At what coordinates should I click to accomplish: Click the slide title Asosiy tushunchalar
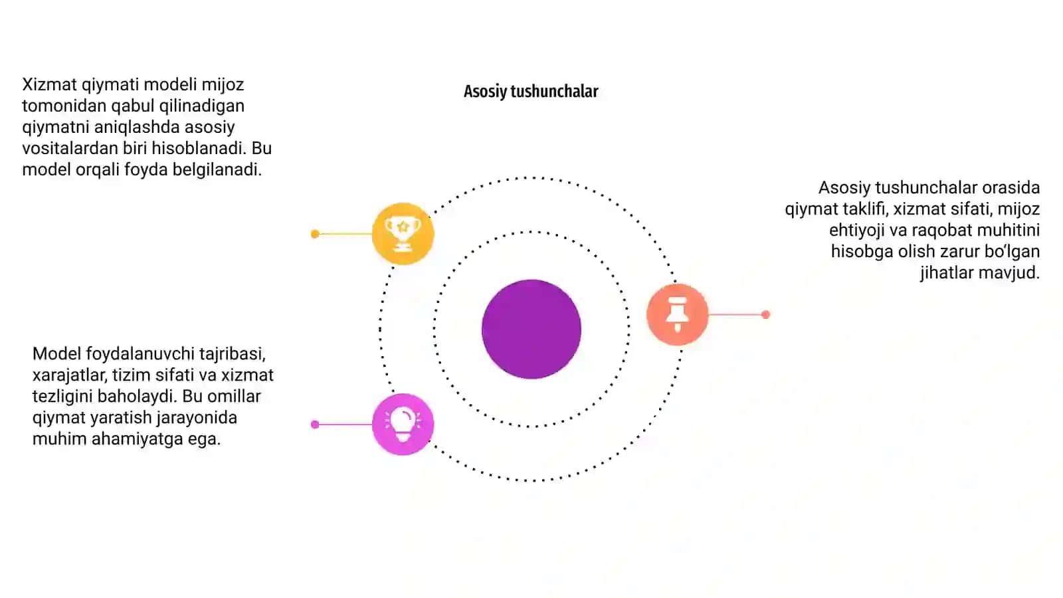(531, 91)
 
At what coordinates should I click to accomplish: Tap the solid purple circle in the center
(531, 329)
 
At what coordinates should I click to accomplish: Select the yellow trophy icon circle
(403, 233)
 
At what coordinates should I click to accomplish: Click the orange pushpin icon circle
(677, 314)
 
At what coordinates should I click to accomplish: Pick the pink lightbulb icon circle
(403, 425)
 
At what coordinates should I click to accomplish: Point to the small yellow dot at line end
(315, 233)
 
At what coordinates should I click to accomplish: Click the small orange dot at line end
(765, 314)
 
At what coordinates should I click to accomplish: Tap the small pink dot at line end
(315, 425)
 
